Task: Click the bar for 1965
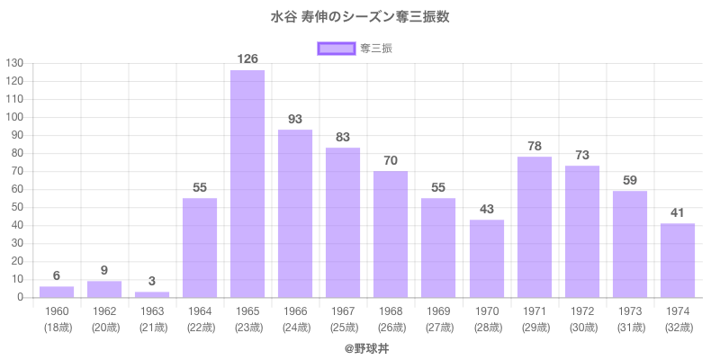tap(247, 184)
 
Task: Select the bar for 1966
tap(295, 213)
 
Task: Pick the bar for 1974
tap(678, 260)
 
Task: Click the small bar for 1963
tap(152, 294)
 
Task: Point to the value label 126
tap(247, 59)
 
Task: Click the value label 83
tap(343, 137)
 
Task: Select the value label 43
tap(486, 209)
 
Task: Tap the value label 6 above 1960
tap(57, 275)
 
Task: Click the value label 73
tap(582, 155)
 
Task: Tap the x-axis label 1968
tap(391, 311)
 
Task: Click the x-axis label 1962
tap(104, 311)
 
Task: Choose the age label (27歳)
tap(438, 328)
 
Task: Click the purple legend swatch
tap(335, 48)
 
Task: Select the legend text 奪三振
tap(375, 48)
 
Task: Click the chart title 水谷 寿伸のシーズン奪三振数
tap(360, 16)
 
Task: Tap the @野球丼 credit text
tap(360, 346)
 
